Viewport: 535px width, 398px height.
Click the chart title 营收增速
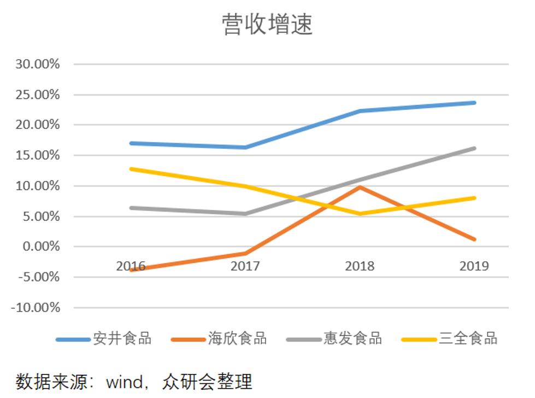coord(267,25)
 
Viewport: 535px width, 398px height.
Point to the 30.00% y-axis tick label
coord(37,64)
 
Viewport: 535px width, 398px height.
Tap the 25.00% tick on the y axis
coord(37,95)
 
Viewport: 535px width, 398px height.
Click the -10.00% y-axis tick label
coord(35,307)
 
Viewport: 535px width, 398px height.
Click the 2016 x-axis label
coord(131,266)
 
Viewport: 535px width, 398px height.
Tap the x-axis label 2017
coord(245,266)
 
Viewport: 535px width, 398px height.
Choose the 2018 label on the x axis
coord(360,266)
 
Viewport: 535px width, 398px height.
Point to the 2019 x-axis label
coord(474,266)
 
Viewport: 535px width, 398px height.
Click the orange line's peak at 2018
coord(360,187)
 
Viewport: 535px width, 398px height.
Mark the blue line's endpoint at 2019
coord(474,103)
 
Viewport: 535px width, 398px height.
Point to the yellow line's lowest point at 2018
coord(360,214)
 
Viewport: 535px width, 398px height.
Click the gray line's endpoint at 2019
coord(474,148)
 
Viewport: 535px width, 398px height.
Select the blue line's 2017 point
coord(245,148)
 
